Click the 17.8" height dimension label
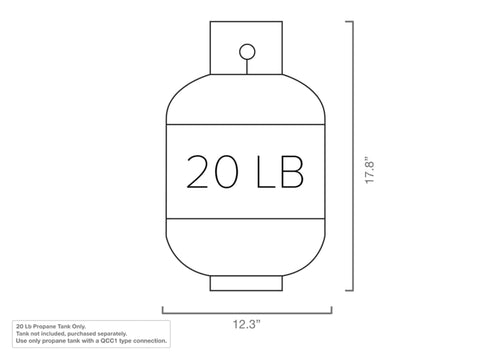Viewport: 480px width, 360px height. click(370, 170)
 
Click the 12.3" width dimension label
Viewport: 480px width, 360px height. click(246, 324)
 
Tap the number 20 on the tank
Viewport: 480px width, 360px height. click(212, 171)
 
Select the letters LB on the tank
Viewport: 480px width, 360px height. click(280, 172)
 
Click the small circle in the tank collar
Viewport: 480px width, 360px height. click(247, 52)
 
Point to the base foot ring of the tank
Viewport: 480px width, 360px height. click(246, 283)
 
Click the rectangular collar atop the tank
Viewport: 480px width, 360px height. click(246, 48)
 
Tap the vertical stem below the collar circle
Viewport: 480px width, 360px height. click(247, 67)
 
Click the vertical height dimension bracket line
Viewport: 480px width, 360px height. click(353, 156)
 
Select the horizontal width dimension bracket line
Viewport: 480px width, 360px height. click(247, 313)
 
